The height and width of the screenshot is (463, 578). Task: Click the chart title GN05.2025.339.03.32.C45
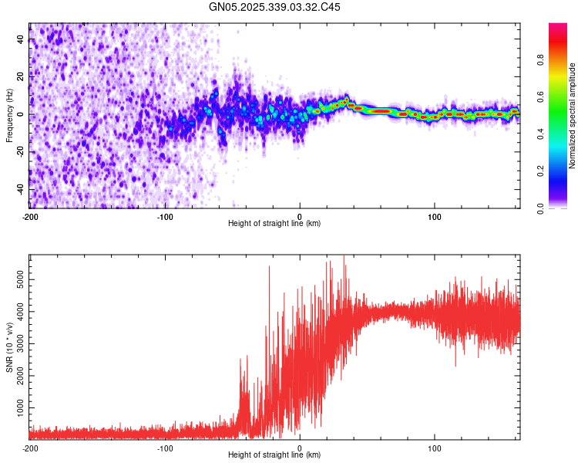275,7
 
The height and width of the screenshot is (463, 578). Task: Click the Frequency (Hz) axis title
9,115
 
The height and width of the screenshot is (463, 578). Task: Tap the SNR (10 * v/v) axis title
9,346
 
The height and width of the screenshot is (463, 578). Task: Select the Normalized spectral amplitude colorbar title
573,116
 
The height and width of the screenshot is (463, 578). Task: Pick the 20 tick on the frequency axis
21,77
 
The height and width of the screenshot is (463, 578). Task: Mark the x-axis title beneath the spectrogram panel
274,224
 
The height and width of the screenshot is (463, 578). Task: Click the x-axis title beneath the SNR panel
274,455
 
